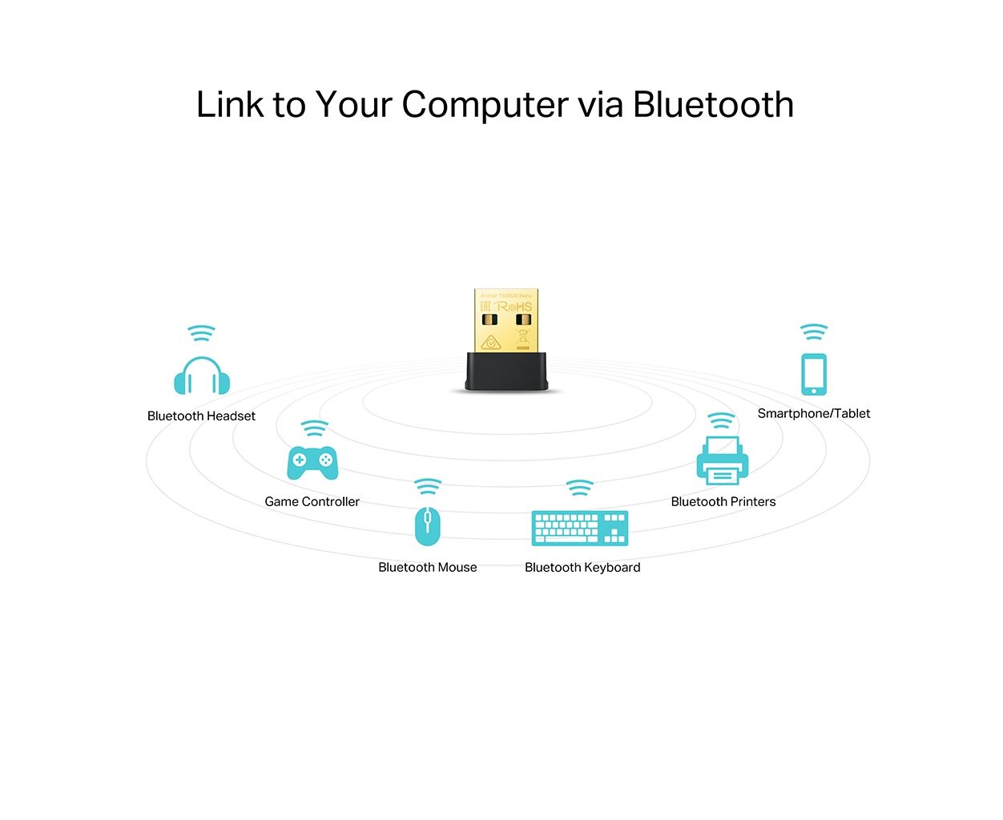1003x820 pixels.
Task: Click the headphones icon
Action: [x=202, y=376]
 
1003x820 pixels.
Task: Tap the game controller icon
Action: [x=312, y=462]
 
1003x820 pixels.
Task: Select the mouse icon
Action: [x=427, y=525]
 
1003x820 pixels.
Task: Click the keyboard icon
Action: [x=580, y=529]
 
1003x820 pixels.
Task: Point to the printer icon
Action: [x=722, y=461]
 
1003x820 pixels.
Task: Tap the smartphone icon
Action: [x=814, y=374]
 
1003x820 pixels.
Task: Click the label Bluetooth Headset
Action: [x=201, y=416]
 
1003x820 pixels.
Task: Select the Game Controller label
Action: [x=312, y=502]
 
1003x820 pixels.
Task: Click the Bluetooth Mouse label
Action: [x=427, y=568]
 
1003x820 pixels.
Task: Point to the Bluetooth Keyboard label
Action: [x=582, y=568]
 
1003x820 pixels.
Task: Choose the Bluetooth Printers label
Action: [x=723, y=502]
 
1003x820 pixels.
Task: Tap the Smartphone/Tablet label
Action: [x=813, y=414]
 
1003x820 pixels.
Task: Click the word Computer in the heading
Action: [x=485, y=105]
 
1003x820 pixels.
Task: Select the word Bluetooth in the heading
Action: [x=713, y=105]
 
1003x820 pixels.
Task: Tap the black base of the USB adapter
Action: [x=506, y=372]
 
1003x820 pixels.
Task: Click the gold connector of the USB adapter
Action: [x=506, y=320]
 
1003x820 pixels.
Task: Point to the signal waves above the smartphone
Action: [x=814, y=332]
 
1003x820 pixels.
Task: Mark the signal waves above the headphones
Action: [x=201, y=333]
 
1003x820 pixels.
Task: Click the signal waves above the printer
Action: [x=721, y=421]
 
